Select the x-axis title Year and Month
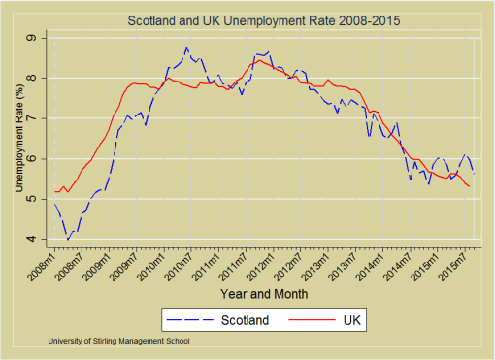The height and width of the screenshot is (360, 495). [x=264, y=293]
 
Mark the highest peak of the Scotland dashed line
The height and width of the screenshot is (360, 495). [x=186, y=47]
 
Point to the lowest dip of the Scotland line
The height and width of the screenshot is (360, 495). [x=67, y=239]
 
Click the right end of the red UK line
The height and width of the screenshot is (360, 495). [x=470, y=186]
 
